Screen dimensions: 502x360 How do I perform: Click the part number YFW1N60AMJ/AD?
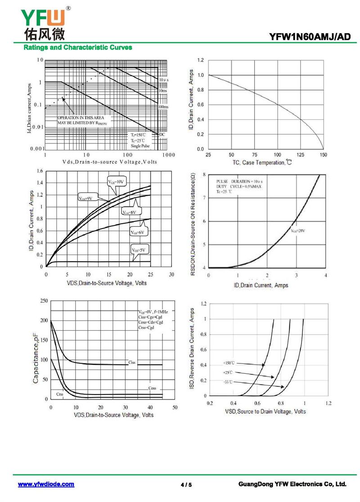click(309, 37)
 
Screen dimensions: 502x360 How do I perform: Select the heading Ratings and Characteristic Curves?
click(77, 47)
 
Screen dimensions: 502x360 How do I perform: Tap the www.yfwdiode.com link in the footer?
click(46, 484)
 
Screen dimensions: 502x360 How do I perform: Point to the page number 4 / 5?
click(186, 485)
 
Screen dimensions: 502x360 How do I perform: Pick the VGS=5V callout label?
click(140, 250)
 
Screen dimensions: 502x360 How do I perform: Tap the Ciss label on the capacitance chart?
click(132, 362)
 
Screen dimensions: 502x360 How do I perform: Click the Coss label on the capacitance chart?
click(152, 388)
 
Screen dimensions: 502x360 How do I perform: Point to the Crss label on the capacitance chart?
click(60, 394)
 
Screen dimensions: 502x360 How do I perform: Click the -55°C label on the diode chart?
click(228, 382)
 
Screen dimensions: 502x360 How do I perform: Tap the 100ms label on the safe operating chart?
click(163, 107)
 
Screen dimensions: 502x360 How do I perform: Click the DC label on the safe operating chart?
click(162, 134)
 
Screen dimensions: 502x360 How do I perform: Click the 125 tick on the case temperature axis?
click(300, 155)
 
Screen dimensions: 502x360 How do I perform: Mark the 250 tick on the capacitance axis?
click(44, 300)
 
